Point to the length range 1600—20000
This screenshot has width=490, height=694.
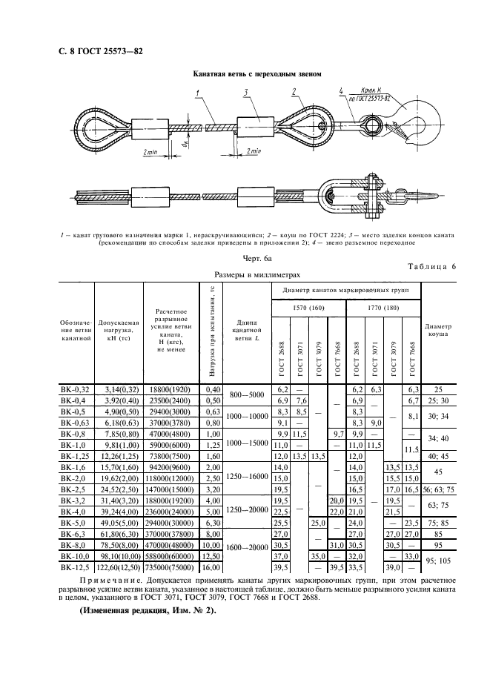pyautogui.click(x=246, y=547)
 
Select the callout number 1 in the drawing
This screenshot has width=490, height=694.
pyautogui.click(x=198, y=92)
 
